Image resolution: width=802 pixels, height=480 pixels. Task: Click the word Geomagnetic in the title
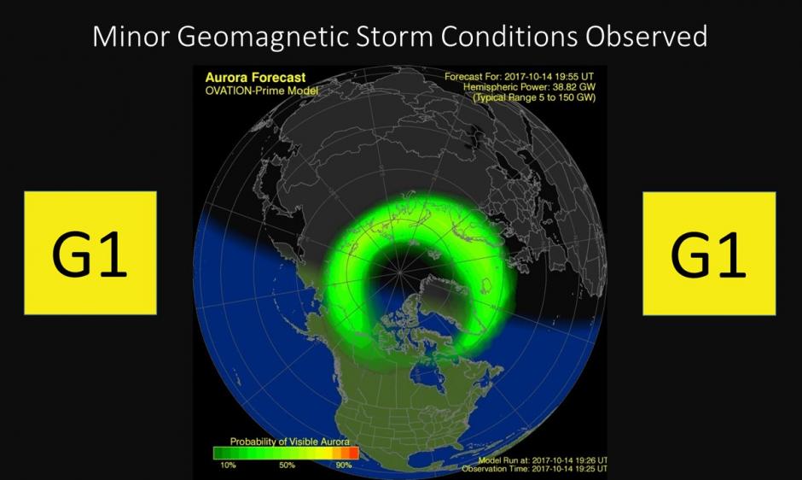point(264,38)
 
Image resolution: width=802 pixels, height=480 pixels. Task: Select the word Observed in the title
point(647,37)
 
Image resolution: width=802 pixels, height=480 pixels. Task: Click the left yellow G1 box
point(90,253)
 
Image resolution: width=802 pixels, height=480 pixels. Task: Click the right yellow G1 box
point(709,254)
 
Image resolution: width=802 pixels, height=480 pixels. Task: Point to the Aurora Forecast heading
point(255,78)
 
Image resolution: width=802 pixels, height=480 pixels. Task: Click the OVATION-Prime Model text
point(261,91)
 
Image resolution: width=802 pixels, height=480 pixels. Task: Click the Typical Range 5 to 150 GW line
point(534,97)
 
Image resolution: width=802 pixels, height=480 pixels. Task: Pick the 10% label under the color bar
point(228,465)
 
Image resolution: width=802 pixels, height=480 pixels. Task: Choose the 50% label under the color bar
point(287,465)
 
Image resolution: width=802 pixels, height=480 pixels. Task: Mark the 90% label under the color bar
point(344,465)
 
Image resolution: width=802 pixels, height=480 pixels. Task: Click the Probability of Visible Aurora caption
point(289,442)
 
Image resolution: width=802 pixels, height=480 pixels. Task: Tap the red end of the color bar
point(353,454)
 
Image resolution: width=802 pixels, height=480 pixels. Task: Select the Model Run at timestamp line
point(543,460)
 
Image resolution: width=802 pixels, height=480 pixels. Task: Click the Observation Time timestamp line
point(534,469)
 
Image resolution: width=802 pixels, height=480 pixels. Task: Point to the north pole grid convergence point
point(400,272)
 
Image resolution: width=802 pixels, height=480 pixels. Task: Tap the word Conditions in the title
point(510,37)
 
